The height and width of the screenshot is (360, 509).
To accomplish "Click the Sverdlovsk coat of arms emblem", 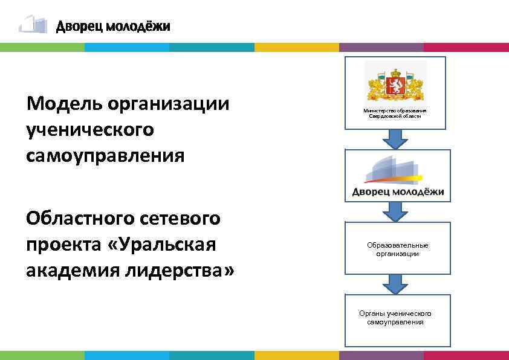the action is click(x=395, y=85).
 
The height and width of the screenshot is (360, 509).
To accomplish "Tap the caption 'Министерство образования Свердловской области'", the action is click(x=395, y=114).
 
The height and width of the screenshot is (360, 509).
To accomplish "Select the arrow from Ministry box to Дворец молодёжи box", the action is click(x=395, y=139).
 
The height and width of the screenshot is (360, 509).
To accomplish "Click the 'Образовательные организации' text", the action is click(x=397, y=249).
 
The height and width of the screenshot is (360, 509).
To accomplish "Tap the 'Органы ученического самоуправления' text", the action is click(x=395, y=318).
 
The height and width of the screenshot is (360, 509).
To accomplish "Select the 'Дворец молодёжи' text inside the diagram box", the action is click(x=398, y=193).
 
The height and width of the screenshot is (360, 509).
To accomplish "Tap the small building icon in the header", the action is click(x=33, y=24).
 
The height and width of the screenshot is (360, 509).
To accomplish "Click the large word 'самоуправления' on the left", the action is click(x=105, y=156).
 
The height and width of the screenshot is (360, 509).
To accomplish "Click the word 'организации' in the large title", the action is click(x=169, y=104).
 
